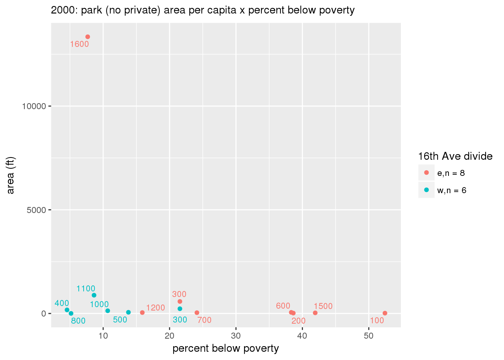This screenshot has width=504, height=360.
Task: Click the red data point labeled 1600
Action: point(88,37)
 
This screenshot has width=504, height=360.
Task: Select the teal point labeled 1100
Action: point(94,295)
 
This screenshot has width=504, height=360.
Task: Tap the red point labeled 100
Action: point(385,313)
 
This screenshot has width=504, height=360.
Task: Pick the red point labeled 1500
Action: point(315,313)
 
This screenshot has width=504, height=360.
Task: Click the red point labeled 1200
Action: point(142,312)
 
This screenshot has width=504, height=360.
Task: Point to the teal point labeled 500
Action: point(128,312)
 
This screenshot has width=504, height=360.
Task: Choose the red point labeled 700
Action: point(197,313)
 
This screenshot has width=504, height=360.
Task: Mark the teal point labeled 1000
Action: point(108,311)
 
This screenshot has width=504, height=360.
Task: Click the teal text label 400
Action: point(62,303)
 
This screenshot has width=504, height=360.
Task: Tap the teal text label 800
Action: point(78,321)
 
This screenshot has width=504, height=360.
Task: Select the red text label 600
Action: point(283,306)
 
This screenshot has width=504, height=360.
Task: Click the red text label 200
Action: point(298,321)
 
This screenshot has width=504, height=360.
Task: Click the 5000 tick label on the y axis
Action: point(36,210)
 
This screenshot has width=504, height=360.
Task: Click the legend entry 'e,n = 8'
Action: point(451,173)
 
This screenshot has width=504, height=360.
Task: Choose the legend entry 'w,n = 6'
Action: point(451,190)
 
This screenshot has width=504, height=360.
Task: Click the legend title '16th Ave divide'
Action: point(455,156)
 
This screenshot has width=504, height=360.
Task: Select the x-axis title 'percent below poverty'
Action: point(226,349)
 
